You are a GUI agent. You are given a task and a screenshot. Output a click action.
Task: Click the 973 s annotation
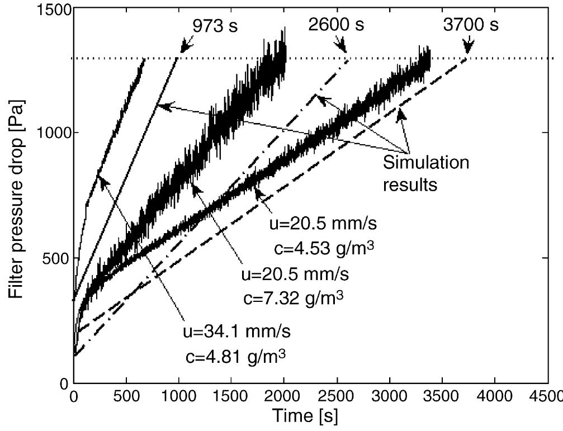pos(215,26)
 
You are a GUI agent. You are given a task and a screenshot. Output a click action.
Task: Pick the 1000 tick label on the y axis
pos(52,133)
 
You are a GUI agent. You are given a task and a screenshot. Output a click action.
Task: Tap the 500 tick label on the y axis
pos(55,258)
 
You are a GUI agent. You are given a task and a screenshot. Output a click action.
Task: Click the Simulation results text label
pos(425,173)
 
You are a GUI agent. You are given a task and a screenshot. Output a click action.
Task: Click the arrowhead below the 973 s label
pos(184,49)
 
